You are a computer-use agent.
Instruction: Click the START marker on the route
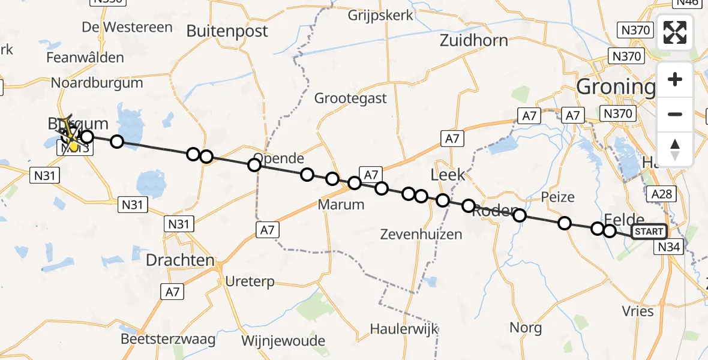tap(649, 232)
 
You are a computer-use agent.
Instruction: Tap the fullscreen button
tap(675, 32)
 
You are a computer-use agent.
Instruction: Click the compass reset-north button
tap(675, 149)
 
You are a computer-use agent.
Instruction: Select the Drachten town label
tap(180, 260)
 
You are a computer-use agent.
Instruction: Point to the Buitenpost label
tap(227, 31)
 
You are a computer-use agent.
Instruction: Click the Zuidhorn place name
tap(473, 41)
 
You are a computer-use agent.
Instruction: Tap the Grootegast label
tap(350, 98)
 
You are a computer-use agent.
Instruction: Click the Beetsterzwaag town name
tap(168, 339)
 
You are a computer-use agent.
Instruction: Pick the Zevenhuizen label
tap(421, 234)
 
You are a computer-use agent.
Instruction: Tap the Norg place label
tap(526, 328)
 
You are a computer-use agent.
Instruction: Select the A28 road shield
tap(663, 193)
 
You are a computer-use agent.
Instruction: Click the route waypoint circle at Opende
tap(254, 164)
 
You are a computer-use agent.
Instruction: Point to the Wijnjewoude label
tap(283, 341)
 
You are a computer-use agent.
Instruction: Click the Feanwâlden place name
tap(85, 58)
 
